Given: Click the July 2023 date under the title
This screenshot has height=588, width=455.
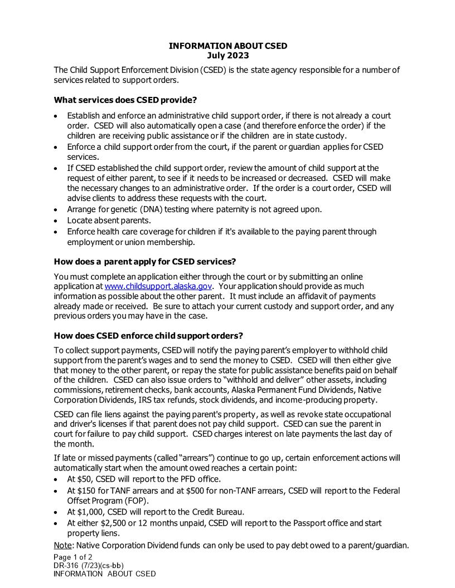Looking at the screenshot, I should [227, 56].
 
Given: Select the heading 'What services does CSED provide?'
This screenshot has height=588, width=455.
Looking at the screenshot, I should [125, 100].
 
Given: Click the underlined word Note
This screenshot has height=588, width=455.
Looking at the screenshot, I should [62, 545].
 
